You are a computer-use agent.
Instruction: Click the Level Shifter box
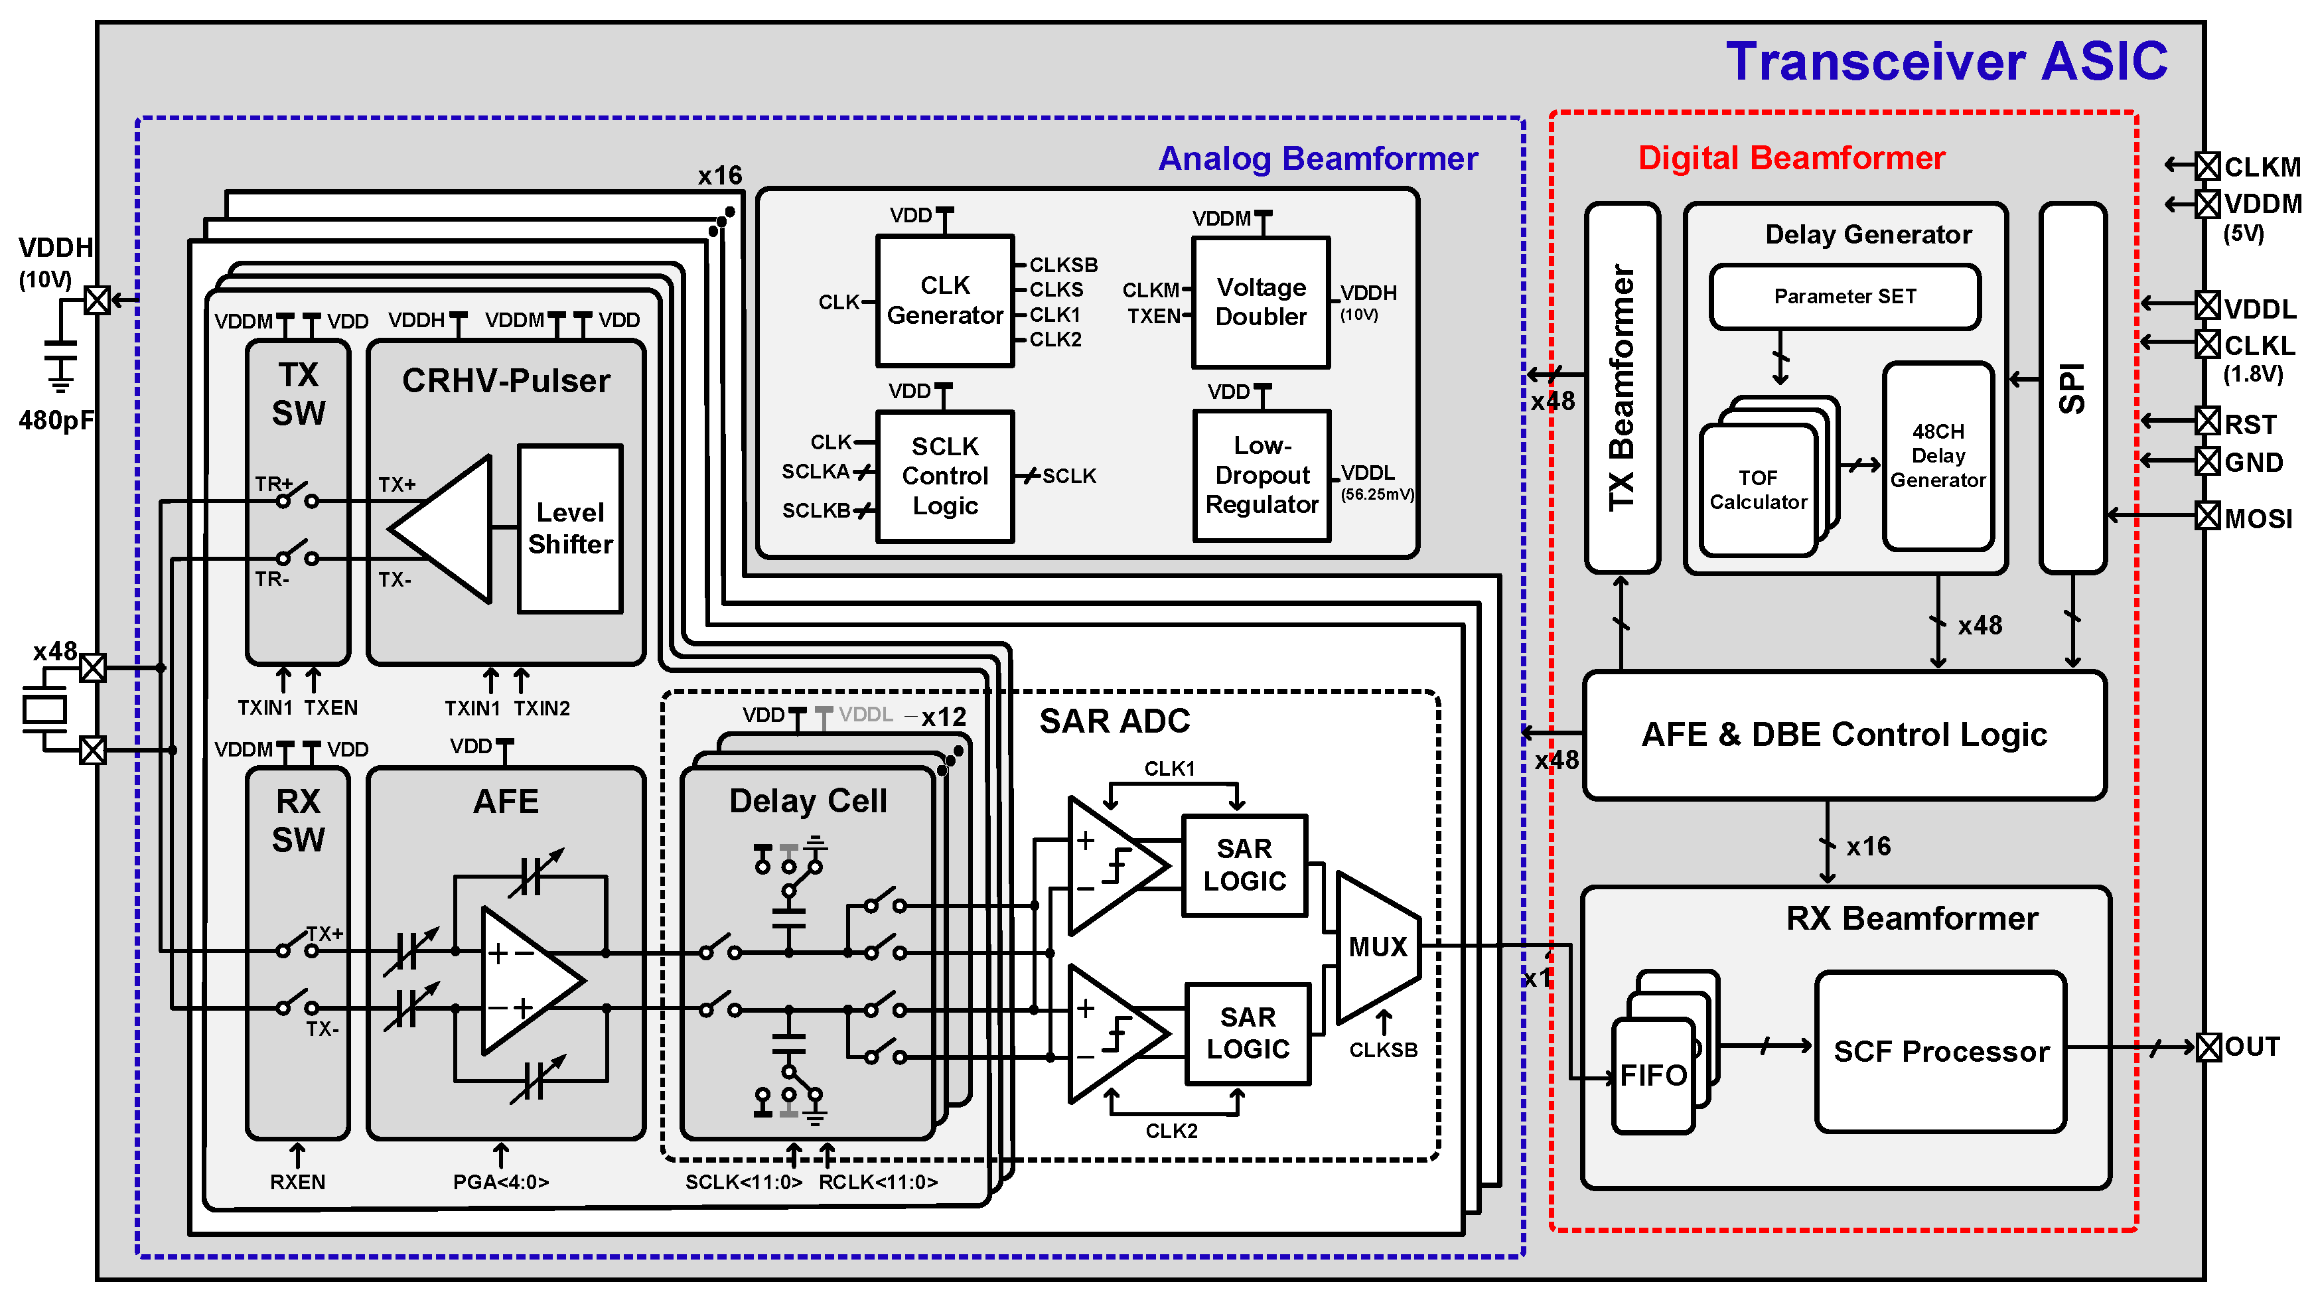coord(569,528)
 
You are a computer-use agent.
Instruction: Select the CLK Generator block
coord(944,300)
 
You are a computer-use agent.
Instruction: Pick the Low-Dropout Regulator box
coord(1262,475)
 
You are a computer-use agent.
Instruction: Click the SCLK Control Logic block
coord(944,476)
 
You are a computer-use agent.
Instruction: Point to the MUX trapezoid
coord(1377,947)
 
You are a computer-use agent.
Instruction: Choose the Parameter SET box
coord(1844,297)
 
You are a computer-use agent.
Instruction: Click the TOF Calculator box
coord(1757,490)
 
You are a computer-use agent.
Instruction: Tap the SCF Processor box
coord(1940,1051)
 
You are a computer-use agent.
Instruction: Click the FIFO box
coord(1653,1075)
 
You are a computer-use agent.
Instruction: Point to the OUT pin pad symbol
coord(2207,1047)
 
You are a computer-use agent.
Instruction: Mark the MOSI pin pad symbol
coord(2207,516)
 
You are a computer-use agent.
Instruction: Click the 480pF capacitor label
coord(56,419)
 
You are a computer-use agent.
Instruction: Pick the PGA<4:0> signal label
coord(500,1182)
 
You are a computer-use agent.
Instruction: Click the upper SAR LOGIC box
coord(1244,865)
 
